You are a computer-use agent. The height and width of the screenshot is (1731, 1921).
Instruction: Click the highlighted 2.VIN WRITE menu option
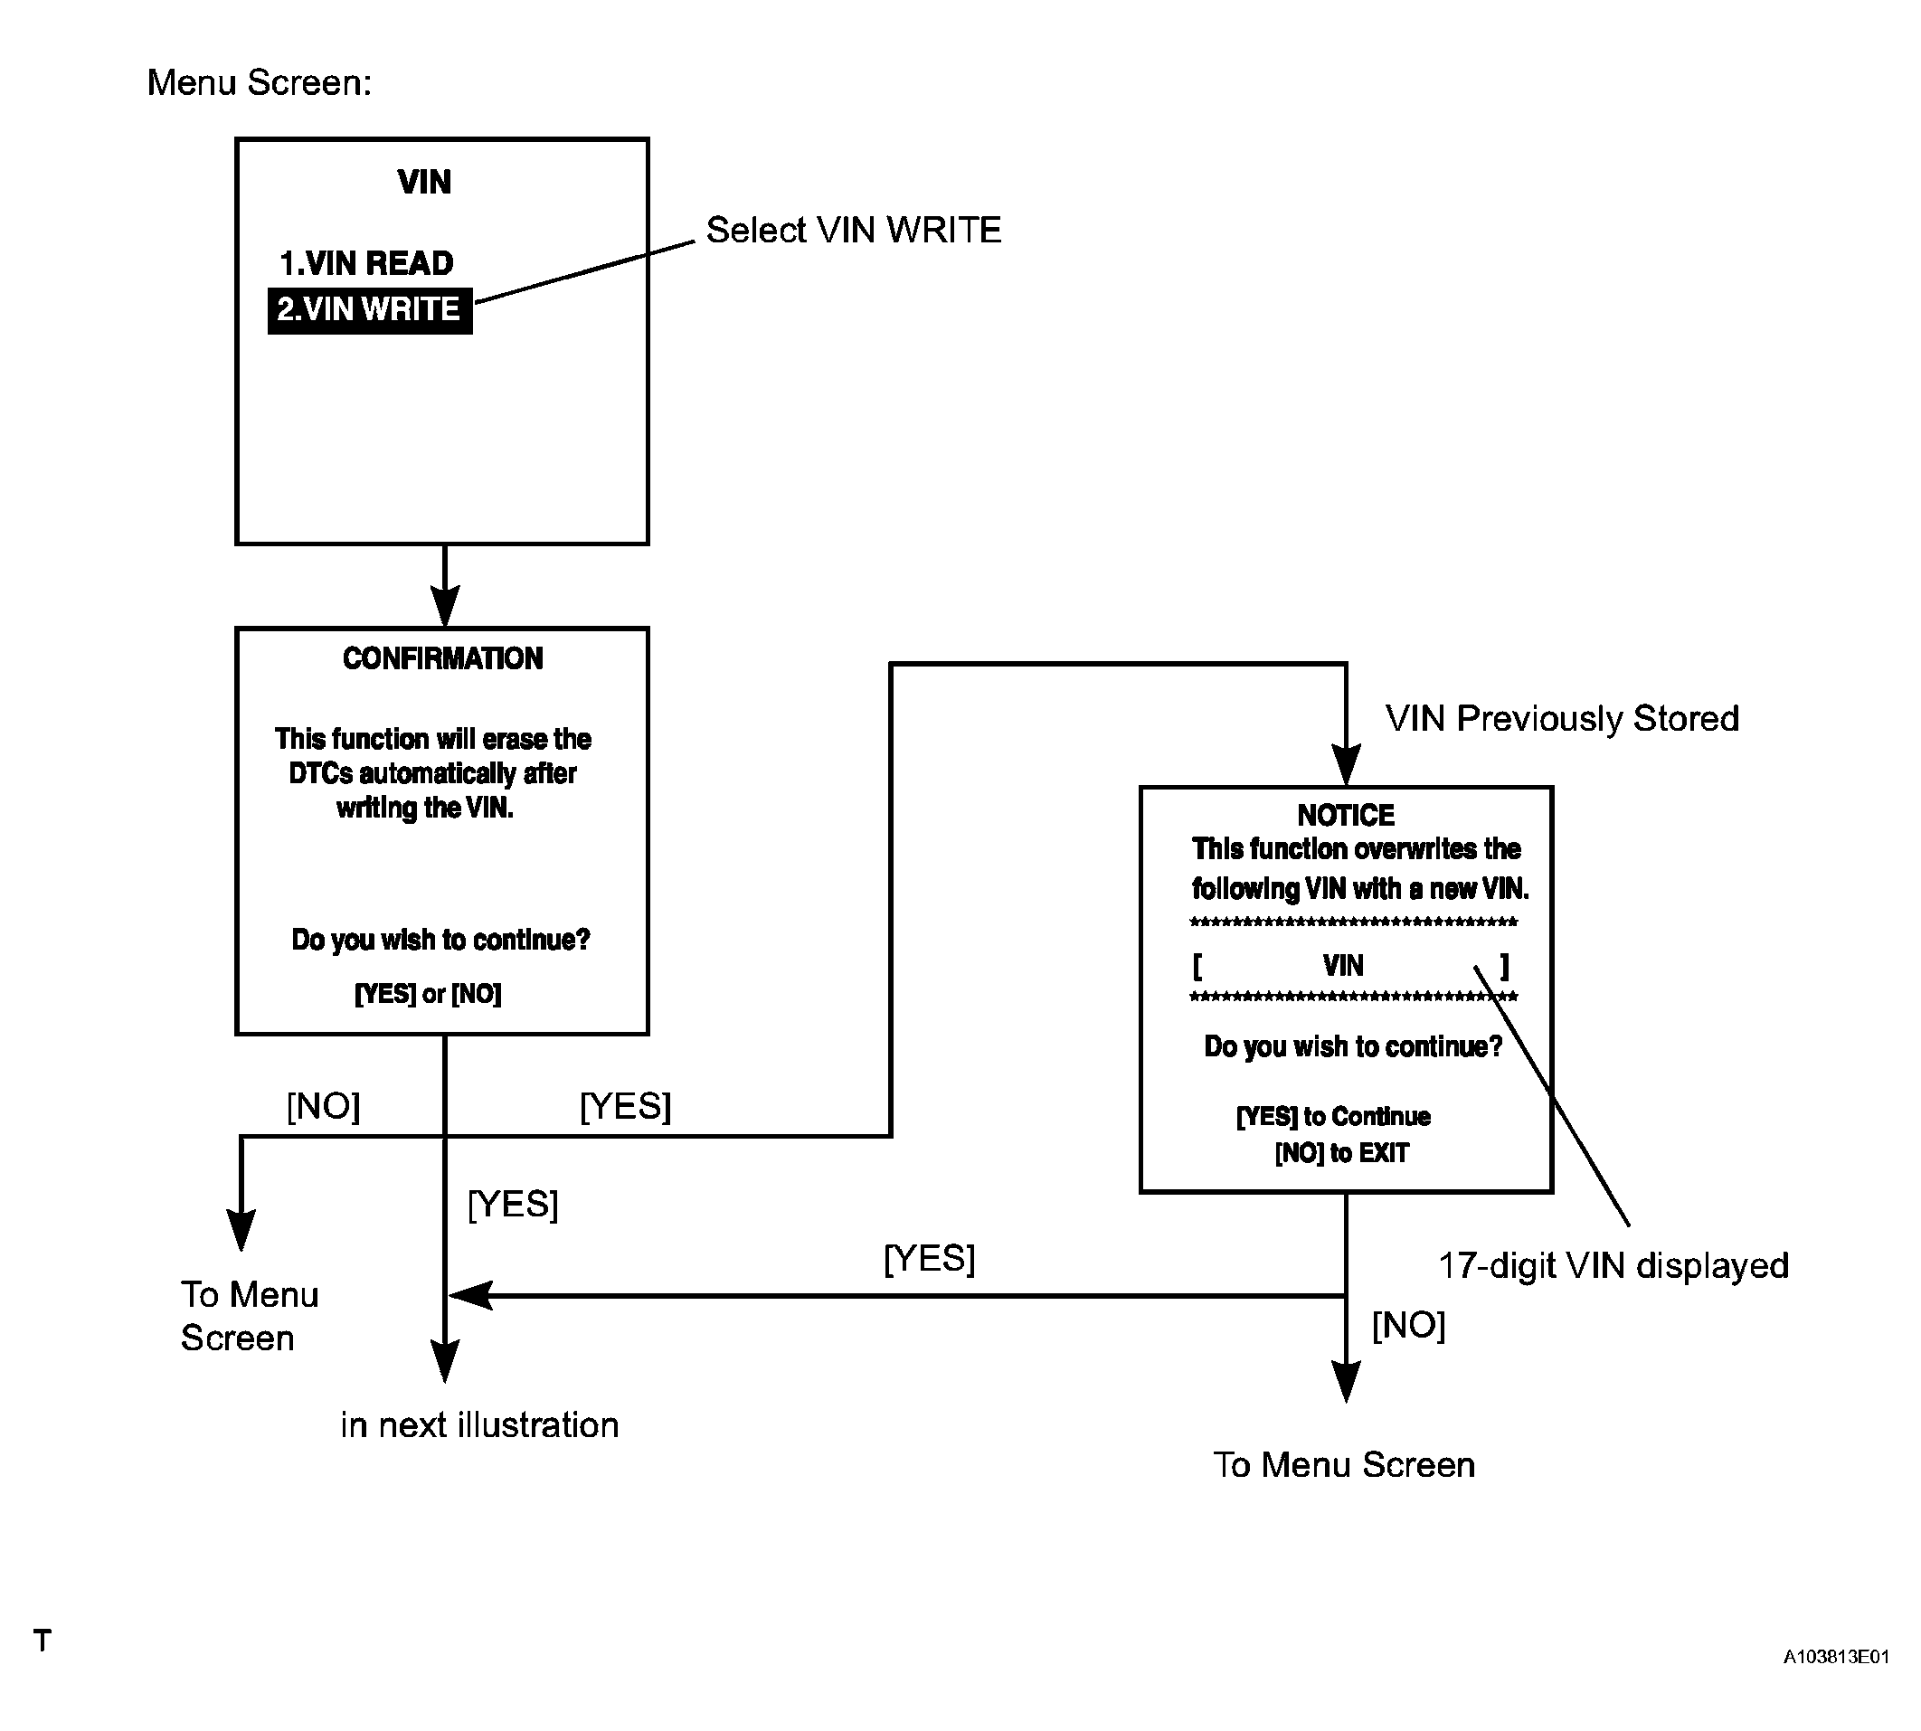[369, 310]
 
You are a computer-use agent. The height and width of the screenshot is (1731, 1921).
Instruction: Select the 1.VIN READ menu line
[366, 263]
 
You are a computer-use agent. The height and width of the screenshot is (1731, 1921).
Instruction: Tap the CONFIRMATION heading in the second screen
[442, 658]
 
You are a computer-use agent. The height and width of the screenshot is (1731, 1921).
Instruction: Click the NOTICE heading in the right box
[1346, 815]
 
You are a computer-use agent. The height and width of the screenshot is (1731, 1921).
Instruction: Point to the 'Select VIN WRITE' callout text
[853, 230]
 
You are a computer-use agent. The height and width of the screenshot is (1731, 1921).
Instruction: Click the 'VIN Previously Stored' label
[1562, 718]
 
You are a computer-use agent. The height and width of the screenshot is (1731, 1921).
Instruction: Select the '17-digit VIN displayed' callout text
[1613, 1265]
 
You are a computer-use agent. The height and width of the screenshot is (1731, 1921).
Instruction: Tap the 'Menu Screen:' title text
[259, 82]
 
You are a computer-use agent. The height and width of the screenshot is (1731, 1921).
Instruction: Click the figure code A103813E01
[1835, 1656]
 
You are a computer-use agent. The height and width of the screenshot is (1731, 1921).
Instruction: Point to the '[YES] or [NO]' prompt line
[428, 994]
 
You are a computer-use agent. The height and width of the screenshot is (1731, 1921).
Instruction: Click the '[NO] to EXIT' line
[1342, 1153]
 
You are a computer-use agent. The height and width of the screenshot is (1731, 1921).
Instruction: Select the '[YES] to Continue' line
[1333, 1117]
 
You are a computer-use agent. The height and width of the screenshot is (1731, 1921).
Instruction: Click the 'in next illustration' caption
[479, 1424]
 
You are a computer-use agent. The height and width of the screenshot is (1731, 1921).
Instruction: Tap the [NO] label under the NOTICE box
[1408, 1324]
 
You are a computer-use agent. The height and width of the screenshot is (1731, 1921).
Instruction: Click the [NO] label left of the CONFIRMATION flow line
[324, 1105]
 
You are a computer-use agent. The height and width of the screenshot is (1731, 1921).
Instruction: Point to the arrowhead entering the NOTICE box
[1346, 766]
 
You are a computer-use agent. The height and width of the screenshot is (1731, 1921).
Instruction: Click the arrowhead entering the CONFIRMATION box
[445, 607]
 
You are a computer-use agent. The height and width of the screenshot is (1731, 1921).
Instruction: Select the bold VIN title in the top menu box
[424, 182]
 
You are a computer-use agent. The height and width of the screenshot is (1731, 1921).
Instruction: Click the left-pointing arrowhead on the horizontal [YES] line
[469, 1294]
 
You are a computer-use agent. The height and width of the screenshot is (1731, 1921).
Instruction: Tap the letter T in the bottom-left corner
[42, 1640]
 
